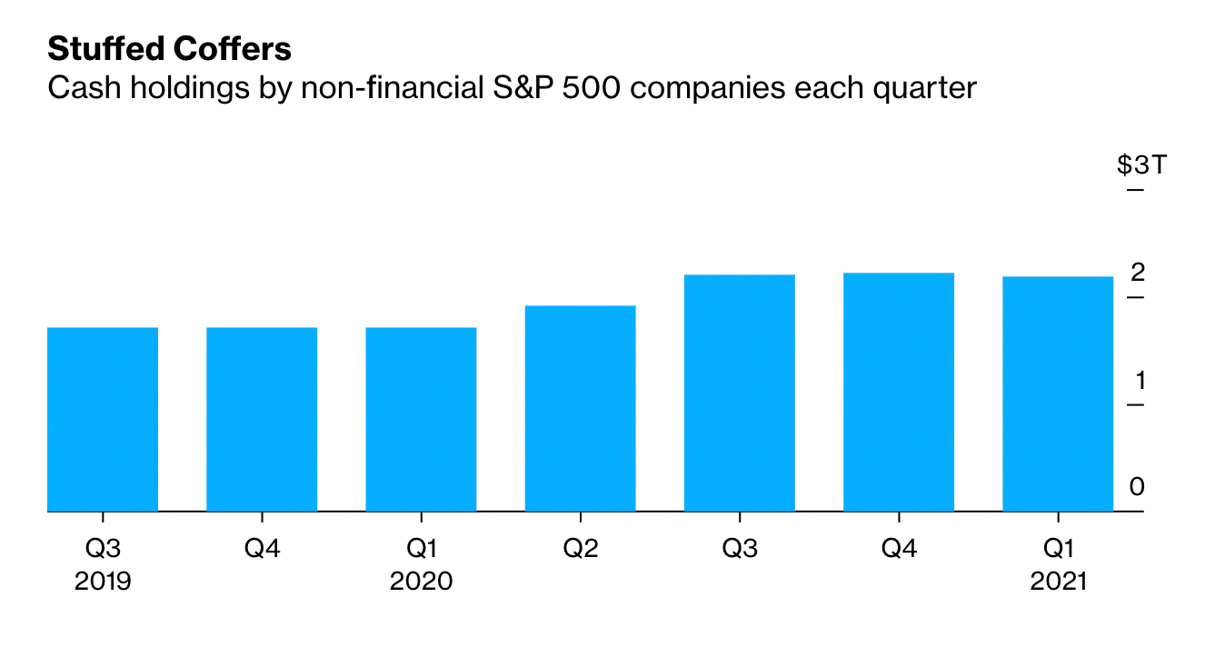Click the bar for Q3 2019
point(103,419)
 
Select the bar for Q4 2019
point(262,419)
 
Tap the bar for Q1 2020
point(422,419)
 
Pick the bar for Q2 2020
point(581,408)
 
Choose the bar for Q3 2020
point(740,393)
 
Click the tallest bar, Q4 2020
point(899,392)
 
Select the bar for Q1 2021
point(1058,393)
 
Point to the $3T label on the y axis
point(1141,164)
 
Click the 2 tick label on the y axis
point(1138,273)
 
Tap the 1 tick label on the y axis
point(1140,381)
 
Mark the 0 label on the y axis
point(1137,487)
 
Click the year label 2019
point(103,582)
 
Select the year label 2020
point(422,582)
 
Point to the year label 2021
point(1058,582)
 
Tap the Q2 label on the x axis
point(581,549)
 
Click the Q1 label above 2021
point(1058,549)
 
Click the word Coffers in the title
point(233,49)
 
